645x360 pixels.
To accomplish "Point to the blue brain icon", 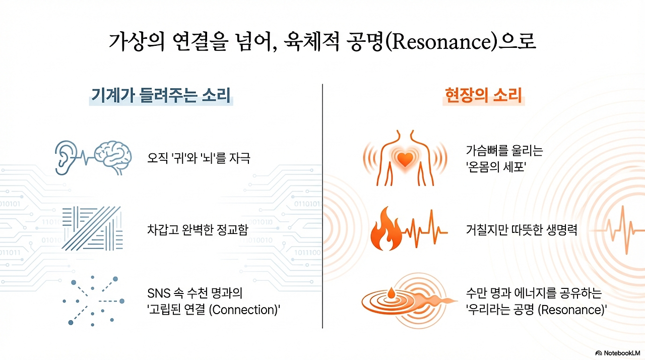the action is (x=113, y=157).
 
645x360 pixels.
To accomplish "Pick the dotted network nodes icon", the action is (x=94, y=301).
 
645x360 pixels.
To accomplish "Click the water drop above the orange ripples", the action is (x=391, y=293).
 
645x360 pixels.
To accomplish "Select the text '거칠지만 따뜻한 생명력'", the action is (x=521, y=230).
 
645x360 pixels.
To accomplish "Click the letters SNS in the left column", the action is (x=158, y=293).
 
